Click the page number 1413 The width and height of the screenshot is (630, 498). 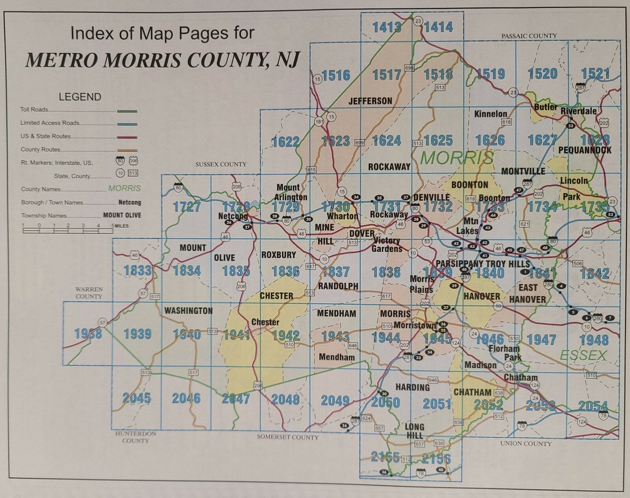coord(387,27)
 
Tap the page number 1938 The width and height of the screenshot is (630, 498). coord(88,333)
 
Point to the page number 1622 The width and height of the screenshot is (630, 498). coord(286,141)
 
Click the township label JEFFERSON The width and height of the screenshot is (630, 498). coord(370,101)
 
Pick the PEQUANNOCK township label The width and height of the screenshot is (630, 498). coord(585,150)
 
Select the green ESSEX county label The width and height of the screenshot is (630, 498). coord(582,355)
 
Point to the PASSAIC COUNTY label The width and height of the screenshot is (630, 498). coord(529,36)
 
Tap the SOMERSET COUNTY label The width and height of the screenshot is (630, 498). coord(288,437)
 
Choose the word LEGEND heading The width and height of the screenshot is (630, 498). coord(80,97)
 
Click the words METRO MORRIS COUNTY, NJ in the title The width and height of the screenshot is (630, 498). coord(162,61)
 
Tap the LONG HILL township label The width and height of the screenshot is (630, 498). coord(414,431)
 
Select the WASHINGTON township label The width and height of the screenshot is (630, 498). coord(188,311)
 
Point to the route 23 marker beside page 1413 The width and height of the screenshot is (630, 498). coord(418,21)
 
